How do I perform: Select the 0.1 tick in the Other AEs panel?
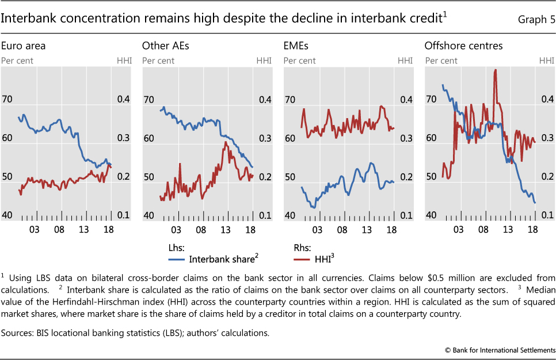coord(264,215)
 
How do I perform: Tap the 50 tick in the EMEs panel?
coord(290,177)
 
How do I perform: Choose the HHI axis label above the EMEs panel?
coord(405,60)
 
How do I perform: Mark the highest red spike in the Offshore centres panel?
coord(495,70)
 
